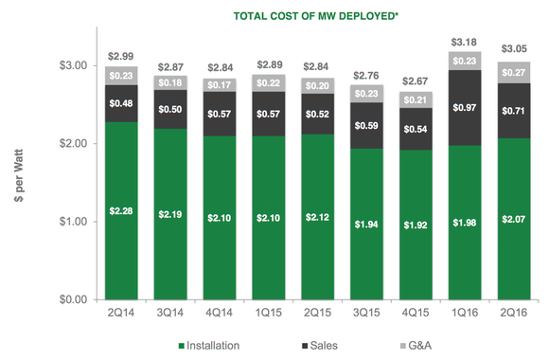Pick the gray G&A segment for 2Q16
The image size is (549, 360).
pos(511,72)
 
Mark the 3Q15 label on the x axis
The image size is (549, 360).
pos(365,313)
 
